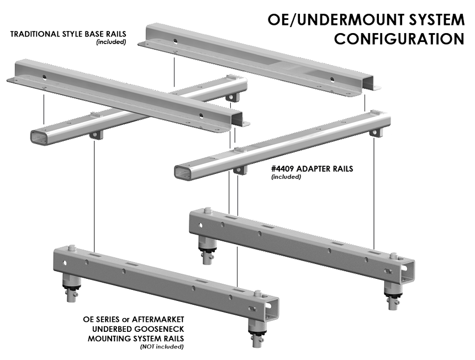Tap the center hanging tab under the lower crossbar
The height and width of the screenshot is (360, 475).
tap(239, 167)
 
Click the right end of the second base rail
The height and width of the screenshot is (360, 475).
tap(239, 121)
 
